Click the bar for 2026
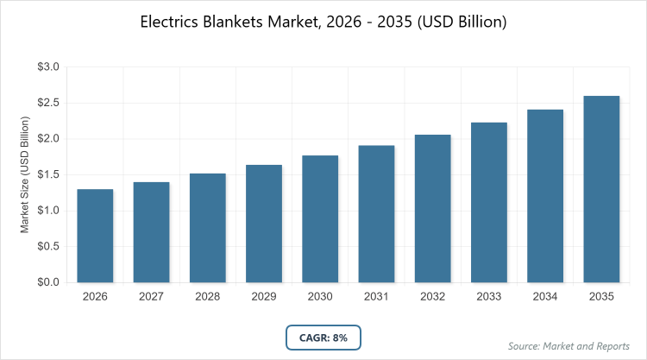click(95, 236)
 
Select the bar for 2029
click(264, 224)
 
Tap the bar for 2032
click(433, 208)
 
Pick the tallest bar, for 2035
click(601, 189)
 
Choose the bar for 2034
click(545, 196)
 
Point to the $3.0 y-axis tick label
click(48, 67)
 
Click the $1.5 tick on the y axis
click(48, 174)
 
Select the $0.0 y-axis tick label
click(48, 282)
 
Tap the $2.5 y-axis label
click(48, 103)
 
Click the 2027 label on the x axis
click(151, 297)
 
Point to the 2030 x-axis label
click(320, 297)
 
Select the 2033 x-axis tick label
click(489, 297)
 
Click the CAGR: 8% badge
click(323, 338)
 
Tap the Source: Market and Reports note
click(569, 345)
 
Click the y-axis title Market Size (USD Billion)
click(26, 174)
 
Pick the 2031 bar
click(376, 214)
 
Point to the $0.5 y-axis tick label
click(48, 246)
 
